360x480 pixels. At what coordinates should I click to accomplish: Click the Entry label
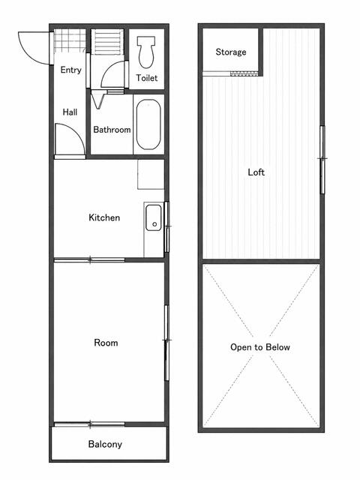coord(70,70)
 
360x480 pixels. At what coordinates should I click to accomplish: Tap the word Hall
coord(70,112)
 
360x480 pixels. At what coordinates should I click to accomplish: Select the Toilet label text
coord(147,78)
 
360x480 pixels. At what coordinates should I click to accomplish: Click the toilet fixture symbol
coord(146,52)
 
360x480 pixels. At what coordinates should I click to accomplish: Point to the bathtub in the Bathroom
coord(148,124)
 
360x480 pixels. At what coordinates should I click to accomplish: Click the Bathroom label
coord(112,130)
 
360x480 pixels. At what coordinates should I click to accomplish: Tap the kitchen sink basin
coord(153,217)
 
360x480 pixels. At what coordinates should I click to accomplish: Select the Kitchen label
coord(104,217)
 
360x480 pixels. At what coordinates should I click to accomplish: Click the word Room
coord(106,343)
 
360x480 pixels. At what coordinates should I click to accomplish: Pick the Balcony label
coord(105,444)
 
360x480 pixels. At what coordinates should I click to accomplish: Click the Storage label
coord(231,52)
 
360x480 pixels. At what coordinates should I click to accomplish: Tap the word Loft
coord(256,172)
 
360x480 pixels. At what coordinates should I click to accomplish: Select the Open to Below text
coord(260,347)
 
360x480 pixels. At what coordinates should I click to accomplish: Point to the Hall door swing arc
coord(76,130)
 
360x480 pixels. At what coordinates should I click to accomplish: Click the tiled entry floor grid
coord(70,40)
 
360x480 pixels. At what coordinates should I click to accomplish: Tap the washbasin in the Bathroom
coord(98,100)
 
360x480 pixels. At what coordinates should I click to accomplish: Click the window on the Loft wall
coord(322,160)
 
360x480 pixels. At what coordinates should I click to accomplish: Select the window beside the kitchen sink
coord(166,226)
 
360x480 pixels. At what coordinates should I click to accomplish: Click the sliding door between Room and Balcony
coord(89,424)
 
